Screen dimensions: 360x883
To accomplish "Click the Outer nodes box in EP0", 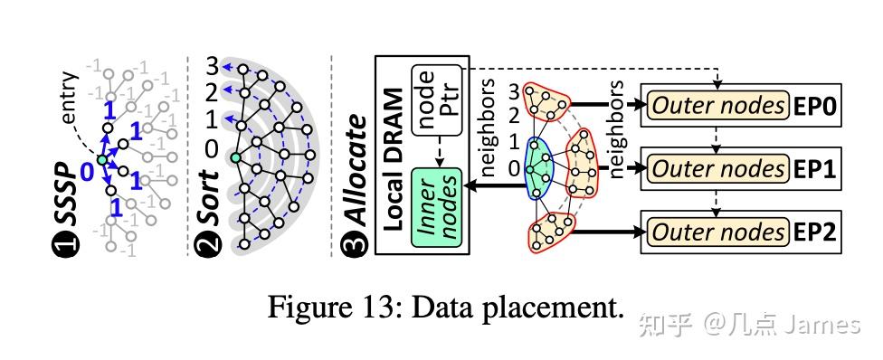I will pos(719,106).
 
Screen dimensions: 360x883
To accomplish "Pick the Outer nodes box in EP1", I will pos(719,168).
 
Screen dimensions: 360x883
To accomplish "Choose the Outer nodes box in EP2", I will pos(719,232).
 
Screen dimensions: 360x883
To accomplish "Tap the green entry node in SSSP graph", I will pos(101,160).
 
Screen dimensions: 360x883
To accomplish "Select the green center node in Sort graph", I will pos(235,159).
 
